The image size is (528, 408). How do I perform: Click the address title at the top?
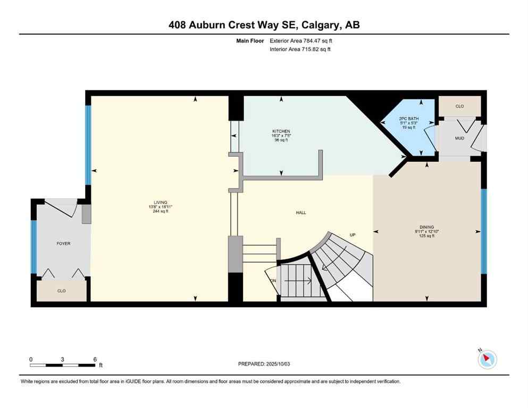point(264,25)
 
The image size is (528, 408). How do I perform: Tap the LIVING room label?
point(161,202)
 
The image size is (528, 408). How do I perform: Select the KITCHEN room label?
point(281,131)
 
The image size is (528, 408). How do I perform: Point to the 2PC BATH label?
point(409,118)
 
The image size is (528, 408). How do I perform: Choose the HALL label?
point(301,213)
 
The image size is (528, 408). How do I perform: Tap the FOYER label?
point(64,244)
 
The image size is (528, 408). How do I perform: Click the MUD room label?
point(459,139)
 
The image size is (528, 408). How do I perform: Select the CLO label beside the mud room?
point(459,106)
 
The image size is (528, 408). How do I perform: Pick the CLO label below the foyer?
point(61,291)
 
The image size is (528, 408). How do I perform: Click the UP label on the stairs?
point(352,235)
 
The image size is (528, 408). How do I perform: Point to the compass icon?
point(487,360)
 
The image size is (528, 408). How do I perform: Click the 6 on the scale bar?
point(95,359)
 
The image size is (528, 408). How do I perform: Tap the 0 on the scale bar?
point(31,359)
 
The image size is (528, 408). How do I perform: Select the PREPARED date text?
point(264,364)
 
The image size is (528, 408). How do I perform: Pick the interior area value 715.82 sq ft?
point(311,49)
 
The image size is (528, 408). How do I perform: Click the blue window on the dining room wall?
point(484,231)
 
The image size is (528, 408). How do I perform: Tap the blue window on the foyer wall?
point(33,247)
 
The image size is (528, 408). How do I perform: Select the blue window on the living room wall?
point(88,144)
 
